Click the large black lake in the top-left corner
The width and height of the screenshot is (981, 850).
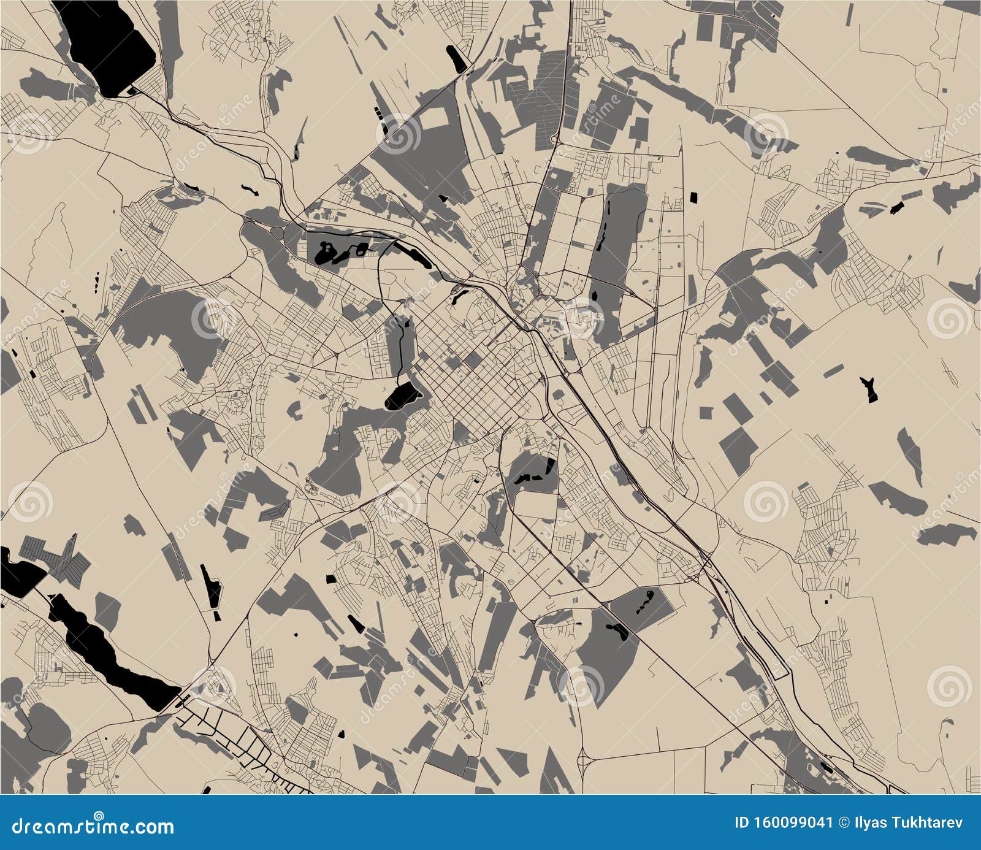(x=110, y=46)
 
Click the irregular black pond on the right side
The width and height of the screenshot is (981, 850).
(x=869, y=389)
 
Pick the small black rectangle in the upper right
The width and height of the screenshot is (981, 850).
(x=694, y=197)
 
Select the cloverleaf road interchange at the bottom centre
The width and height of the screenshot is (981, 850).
(x=586, y=760)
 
